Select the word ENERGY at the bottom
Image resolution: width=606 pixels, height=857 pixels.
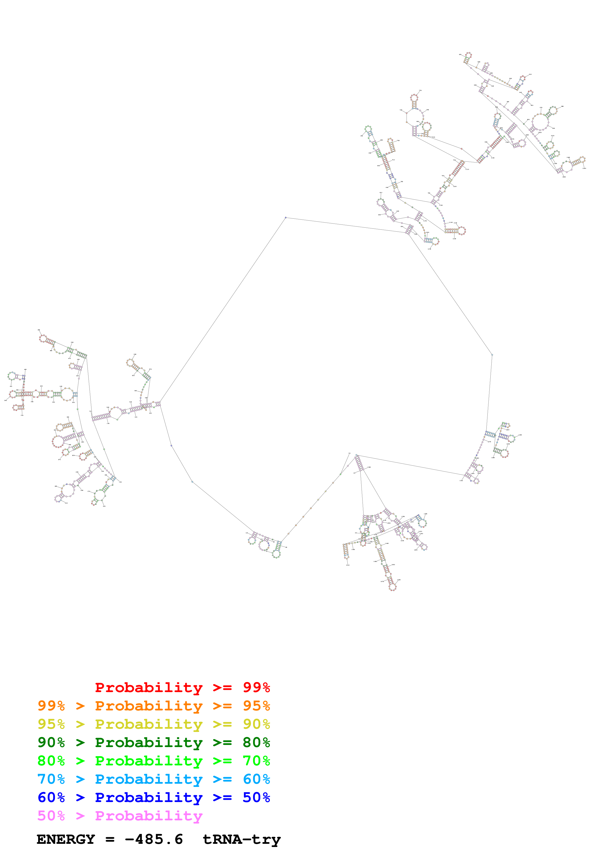coord(66,839)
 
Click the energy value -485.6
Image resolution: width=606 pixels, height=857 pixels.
coord(154,839)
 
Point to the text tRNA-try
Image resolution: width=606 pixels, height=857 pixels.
coord(242,839)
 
